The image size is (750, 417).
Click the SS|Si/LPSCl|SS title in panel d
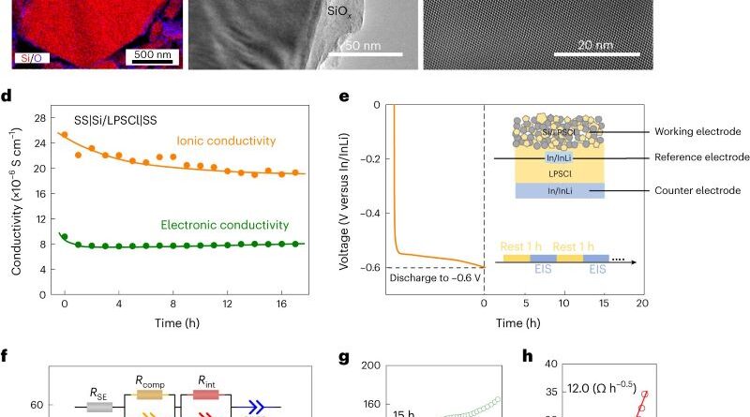pos(120,121)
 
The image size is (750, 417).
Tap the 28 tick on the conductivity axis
pos(39,118)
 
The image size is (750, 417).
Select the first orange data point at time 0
pos(64,135)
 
